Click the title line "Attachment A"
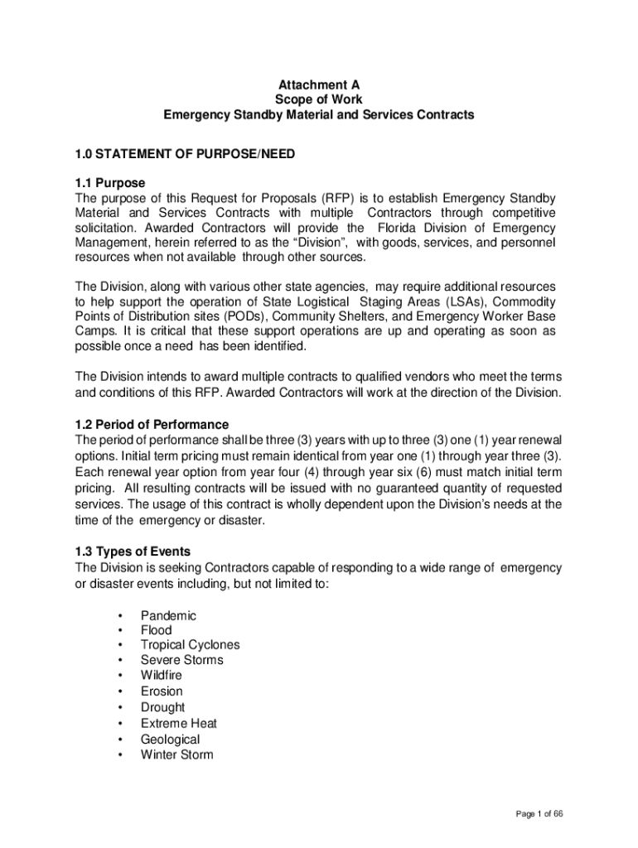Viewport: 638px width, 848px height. tap(319, 84)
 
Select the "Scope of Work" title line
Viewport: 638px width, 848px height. tap(319, 99)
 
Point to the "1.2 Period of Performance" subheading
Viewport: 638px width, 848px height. tap(152, 425)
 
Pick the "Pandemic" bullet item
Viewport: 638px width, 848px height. tap(168, 615)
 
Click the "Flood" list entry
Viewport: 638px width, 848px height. tap(157, 630)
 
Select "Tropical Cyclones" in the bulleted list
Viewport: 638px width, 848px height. tap(190, 645)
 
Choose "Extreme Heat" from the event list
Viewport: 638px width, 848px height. tap(179, 723)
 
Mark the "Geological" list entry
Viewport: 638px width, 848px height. tap(170, 739)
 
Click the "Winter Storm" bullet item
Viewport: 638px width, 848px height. tap(176, 754)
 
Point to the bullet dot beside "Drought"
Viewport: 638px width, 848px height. tap(121, 708)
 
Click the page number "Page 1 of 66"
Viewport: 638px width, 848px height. tap(539, 815)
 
